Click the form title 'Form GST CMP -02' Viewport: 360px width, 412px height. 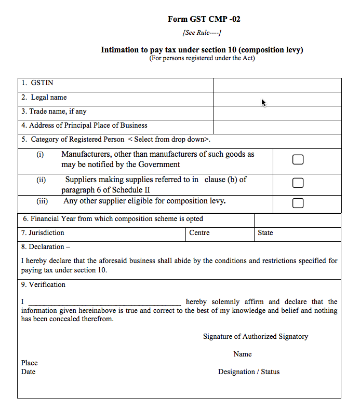coord(204,19)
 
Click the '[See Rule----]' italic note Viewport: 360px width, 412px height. coord(202,33)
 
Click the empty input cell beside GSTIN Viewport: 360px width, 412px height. coord(277,85)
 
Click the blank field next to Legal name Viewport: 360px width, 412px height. coord(277,99)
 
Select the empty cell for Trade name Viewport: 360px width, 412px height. coord(277,113)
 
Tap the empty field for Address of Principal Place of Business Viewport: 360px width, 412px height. coord(277,127)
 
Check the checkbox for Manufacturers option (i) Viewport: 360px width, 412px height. coord(298,160)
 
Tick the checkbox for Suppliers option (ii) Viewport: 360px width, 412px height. coord(298,183)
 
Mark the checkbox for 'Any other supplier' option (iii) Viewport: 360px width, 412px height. coord(298,203)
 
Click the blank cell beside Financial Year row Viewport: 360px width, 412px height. coord(297,220)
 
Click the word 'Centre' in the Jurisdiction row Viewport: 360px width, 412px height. coord(199,233)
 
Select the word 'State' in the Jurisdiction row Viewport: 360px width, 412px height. coord(265,233)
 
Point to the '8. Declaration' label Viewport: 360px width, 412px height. coord(46,247)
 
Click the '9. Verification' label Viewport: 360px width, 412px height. coord(44,285)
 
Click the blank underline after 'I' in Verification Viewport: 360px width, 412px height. coord(104,302)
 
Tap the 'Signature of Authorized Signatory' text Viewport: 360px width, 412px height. coord(255,337)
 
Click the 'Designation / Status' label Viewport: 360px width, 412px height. coord(248,372)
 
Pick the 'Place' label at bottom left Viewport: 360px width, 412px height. coord(30,363)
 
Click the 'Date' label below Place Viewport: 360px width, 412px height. coord(29,372)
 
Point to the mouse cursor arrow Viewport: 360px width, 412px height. coord(263,102)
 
